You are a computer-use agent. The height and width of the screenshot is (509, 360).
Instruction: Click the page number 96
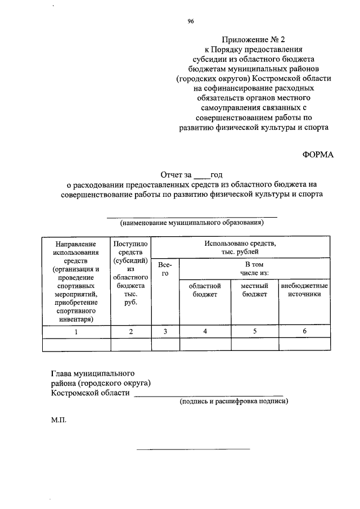191,22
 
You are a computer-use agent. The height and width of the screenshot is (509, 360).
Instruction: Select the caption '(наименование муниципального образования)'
192,223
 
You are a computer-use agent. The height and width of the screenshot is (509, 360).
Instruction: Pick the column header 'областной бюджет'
205,290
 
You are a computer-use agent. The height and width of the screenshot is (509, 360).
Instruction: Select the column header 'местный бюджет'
254,290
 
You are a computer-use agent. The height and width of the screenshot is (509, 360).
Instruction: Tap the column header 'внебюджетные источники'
304,290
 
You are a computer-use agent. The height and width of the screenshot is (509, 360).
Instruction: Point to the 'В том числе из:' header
254,268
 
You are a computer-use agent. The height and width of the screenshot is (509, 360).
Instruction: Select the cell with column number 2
130,331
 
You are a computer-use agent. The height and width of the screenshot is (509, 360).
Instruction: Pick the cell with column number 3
165,331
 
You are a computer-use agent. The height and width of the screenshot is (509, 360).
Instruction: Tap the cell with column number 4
205,331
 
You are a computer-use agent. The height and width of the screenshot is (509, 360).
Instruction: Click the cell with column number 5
255,331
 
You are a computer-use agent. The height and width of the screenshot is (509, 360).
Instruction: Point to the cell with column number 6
304,331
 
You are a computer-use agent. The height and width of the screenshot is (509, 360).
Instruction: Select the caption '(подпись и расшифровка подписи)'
234,402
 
